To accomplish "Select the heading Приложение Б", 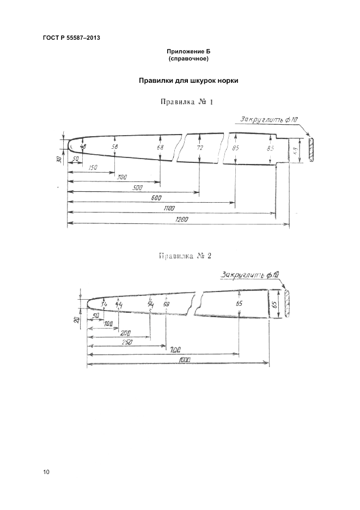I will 188,51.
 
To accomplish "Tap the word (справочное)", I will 188,58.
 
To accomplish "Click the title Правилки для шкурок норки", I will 188,81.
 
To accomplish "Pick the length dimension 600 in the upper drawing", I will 156,198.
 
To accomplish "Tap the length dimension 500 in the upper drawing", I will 137,187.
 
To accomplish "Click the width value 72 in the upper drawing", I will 200,148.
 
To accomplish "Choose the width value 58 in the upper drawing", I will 115,147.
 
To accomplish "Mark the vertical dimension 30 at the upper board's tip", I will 58,159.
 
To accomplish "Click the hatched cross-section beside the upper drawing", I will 311,149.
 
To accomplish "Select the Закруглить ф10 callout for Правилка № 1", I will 271,119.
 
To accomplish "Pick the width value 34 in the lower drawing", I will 104,303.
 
